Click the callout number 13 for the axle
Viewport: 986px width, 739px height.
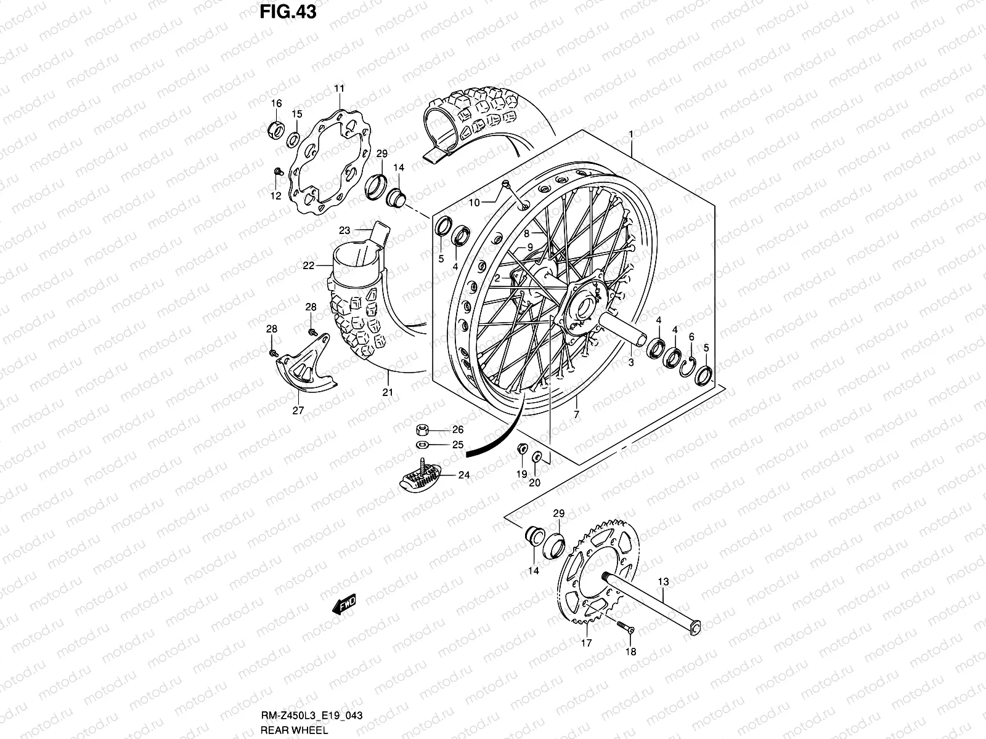coord(663,581)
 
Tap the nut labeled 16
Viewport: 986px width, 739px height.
coord(276,130)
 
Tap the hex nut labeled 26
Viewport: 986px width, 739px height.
coord(423,429)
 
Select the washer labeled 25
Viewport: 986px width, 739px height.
coord(423,445)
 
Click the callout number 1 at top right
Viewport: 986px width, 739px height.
coord(630,134)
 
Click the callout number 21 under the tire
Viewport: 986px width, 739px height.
coord(388,392)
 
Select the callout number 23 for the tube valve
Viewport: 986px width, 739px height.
coord(344,230)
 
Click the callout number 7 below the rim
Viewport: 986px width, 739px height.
coord(576,414)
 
